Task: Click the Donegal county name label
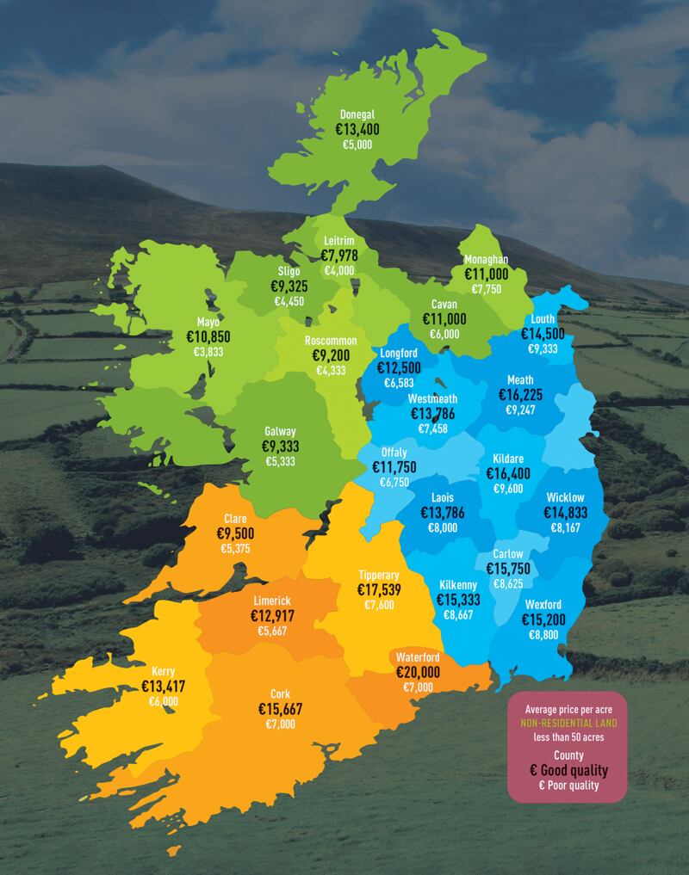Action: coord(357,114)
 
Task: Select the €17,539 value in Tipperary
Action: coord(379,590)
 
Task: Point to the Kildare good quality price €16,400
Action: coord(508,473)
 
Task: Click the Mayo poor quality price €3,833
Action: coord(208,353)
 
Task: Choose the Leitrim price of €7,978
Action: coord(339,256)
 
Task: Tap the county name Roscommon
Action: coord(331,341)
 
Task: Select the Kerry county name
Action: coord(164,671)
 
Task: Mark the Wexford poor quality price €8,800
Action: coord(543,635)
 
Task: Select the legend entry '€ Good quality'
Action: coord(566,769)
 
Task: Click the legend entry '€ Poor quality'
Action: coord(566,786)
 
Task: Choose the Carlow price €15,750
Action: coord(508,570)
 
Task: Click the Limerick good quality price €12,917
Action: coord(272,616)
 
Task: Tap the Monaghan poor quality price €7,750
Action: coord(486,289)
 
